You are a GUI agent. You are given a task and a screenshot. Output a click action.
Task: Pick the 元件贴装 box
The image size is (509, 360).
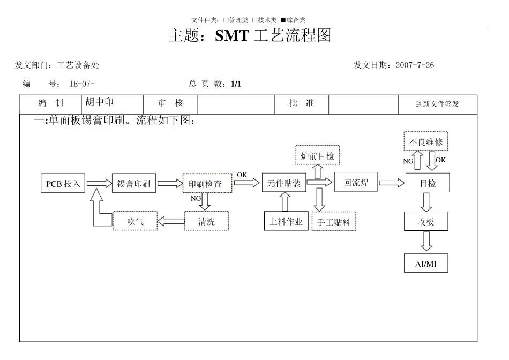point(284,183)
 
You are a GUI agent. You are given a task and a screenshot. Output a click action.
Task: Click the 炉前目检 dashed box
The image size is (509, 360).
point(317,155)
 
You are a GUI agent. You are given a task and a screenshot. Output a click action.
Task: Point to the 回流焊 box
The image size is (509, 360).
point(356,182)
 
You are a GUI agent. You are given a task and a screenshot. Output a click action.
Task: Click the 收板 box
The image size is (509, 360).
point(426,221)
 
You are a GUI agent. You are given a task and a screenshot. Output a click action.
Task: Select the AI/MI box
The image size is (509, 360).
point(426,264)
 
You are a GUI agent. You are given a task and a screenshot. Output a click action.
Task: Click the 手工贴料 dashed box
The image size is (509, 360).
point(334,221)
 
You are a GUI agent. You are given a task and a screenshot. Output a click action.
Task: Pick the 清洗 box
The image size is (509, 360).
point(206,221)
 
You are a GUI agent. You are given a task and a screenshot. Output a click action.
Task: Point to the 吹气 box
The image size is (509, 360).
point(135,221)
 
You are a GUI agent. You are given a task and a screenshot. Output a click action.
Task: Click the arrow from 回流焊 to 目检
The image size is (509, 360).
point(391,183)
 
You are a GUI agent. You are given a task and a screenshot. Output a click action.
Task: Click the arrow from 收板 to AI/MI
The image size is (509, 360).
point(426,242)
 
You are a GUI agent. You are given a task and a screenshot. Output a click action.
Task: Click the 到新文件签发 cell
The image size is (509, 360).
point(437,104)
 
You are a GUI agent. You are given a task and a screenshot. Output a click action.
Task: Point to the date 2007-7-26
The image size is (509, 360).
point(415,65)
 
